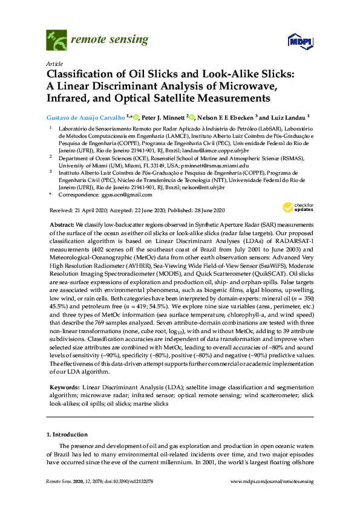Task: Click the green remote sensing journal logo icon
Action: click(x=57, y=41)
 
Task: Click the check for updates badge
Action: click(x=296, y=159)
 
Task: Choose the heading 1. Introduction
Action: click(x=67, y=435)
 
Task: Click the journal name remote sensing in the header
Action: click(x=110, y=41)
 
